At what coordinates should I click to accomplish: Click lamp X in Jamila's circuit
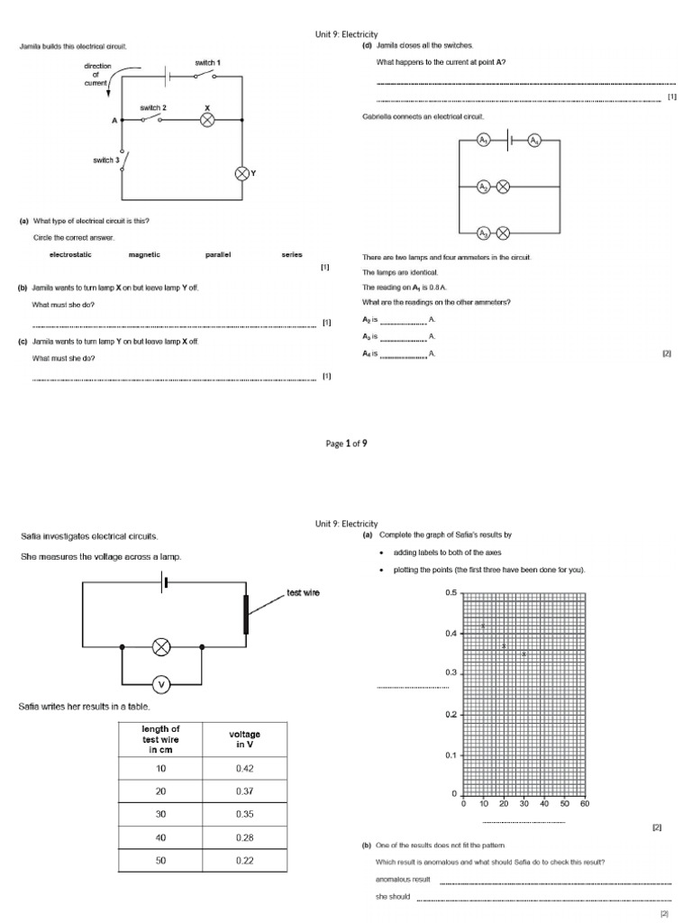pos(207,120)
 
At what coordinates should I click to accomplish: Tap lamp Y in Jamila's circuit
pos(241,173)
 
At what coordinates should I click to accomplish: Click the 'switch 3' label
pos(105,160)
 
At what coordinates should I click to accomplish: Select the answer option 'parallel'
pos(218,255)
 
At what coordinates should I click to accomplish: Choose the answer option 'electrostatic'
pos(70,255)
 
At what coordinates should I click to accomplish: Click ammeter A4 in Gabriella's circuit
pos(533,141)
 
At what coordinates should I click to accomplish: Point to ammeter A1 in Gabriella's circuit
pos(484,141)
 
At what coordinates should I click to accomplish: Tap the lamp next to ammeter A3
pos(504,233)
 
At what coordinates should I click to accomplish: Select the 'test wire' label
pos(303,592)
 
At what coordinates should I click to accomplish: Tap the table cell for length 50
pos(161,860)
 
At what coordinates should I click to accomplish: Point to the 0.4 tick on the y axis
pos(451,634)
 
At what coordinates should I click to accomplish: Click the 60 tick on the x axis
pos(585,803)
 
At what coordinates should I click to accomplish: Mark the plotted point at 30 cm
pos(524,653)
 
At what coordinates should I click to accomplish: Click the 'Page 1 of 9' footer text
pos(346,443)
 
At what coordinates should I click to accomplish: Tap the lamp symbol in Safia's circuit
pos(162,646)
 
